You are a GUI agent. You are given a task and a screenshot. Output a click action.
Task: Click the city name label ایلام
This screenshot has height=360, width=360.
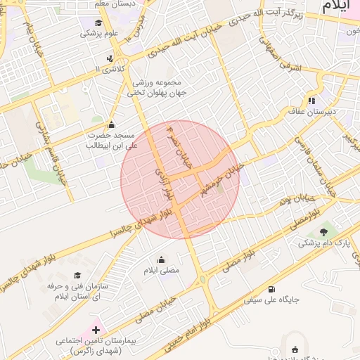tap(337, 6)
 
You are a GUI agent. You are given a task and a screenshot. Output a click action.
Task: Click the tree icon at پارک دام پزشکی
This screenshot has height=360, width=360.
tap(323, 233)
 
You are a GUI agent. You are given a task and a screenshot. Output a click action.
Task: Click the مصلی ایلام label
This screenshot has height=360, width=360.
tap(162, 269)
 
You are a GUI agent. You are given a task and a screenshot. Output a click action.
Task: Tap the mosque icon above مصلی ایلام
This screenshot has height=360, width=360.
tap(162, 259)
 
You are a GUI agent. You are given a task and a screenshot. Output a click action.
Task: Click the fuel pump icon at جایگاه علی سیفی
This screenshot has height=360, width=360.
tap(271, 289)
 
